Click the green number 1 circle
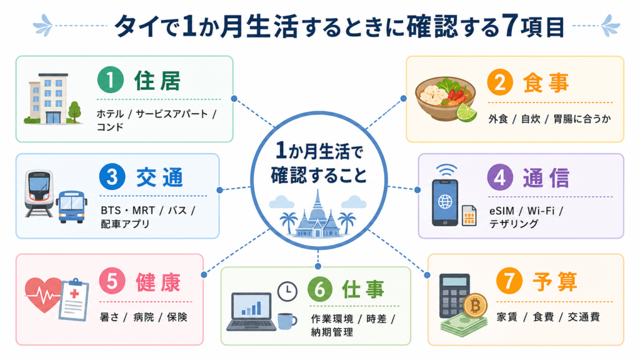click(110, 79)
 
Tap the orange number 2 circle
click(500, 82)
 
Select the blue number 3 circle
click(112, 177)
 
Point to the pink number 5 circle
click(112, 281)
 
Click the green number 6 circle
click(320, 289)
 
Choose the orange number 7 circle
click(509, 281)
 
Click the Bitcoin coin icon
click(475, 305)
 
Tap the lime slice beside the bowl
click(466, 112)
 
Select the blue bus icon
click(71, 206)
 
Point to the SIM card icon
click(469, 216)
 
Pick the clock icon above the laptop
click(287, 291)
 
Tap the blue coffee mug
click(287, 321)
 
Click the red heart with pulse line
click(43, 294)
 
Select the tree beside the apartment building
click(74, 112)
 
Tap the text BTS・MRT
click(127, 210)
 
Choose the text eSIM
click(502, 211)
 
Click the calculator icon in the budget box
click(454, 295)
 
